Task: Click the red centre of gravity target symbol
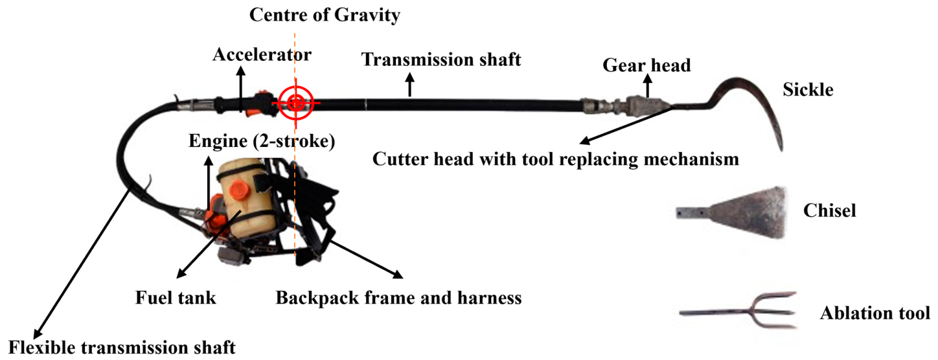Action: [x=296, y=102]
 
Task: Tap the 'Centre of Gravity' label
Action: [x=325, y=15]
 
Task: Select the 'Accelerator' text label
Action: [x=262, y=54]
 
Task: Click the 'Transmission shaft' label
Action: [x=441, y=60]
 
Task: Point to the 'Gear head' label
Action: [x=646, y=65]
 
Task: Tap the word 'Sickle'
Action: [x=808, y=89]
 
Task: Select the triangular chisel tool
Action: [x=732, y=212]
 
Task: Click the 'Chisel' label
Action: [x=830, y=210]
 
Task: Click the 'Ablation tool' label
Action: [x=875, y=313]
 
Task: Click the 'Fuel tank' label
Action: [x=176, y=298]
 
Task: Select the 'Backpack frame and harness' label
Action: [x=398, y=298]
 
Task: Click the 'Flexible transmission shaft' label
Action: [x=122, y=348]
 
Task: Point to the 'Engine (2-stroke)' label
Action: [x=262, y=141]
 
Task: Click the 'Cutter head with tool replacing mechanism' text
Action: [x=556, y=159]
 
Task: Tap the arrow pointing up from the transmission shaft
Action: [x=411, y=85]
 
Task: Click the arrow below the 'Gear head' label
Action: [x=648, y=88]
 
